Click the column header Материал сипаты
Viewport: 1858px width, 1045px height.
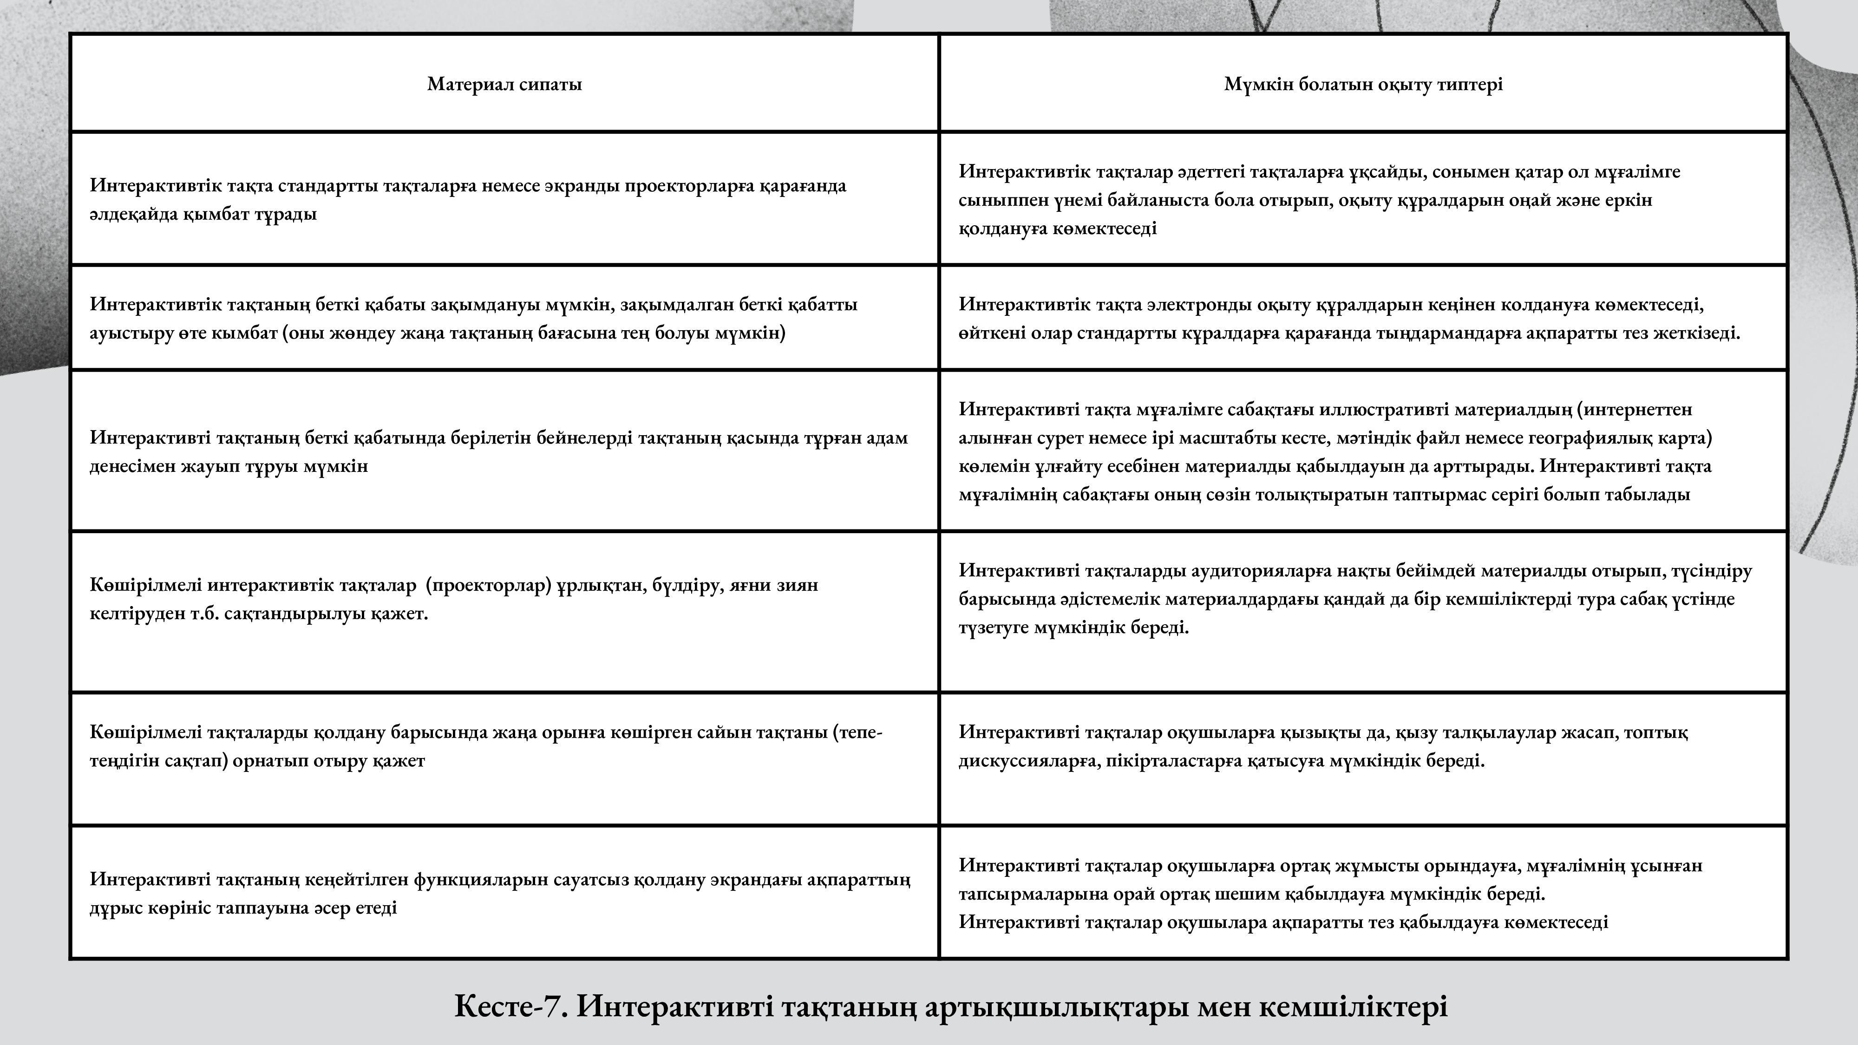tap(504, 85)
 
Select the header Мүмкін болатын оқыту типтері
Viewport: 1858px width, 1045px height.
tap(1363, 85)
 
